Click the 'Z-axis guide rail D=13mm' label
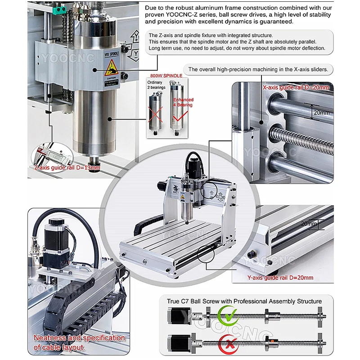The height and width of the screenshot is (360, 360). pyautogui.click(x=67, y=168)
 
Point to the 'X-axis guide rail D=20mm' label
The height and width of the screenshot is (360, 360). pyautogui.click(x=296, y=87)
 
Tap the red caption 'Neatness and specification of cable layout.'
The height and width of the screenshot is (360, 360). pyautogui.click(x=79, y=342)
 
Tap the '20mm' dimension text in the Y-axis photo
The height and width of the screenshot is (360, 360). pyautogui.click(x=310, y=224)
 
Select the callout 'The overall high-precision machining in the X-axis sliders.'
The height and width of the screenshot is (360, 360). pyautogui.click(x=261, y=69)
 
